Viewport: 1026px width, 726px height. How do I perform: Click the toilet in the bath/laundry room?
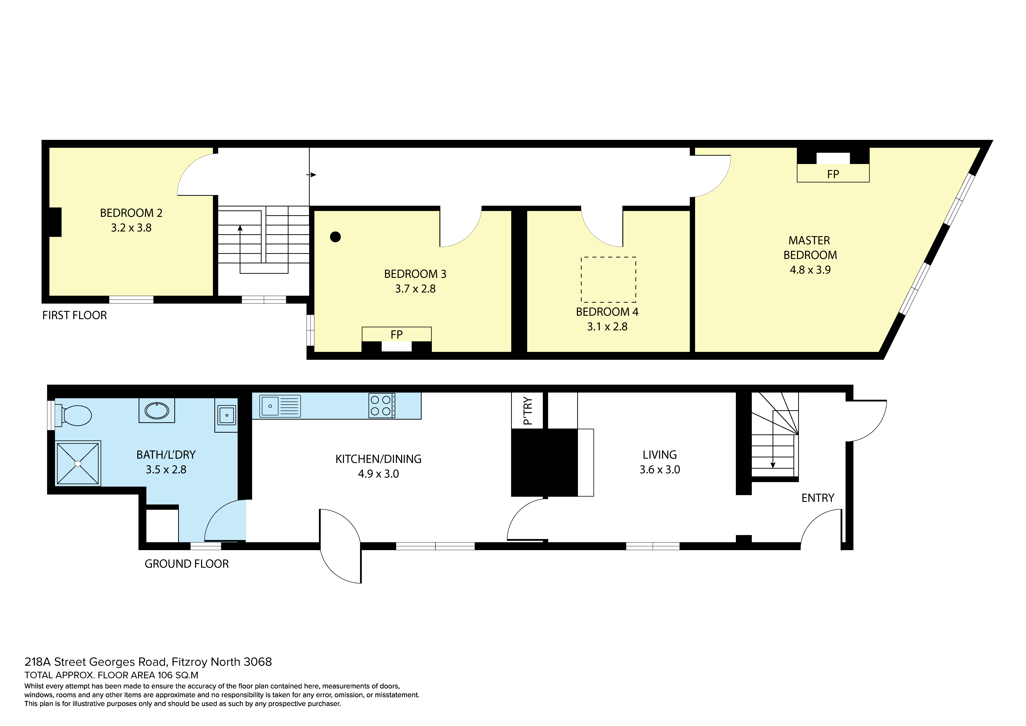(74, 415)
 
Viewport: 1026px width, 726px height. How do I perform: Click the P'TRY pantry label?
(528, 410)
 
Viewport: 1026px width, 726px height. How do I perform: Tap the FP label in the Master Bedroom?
(833, 174)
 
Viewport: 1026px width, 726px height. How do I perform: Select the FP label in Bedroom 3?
(396, 334)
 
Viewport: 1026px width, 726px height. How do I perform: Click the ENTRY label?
(818, 498)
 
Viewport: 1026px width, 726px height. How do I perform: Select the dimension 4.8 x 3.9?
(810, 270)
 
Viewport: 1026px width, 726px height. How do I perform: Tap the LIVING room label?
(660, 455)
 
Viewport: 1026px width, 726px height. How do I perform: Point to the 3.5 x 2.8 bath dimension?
(166, 469)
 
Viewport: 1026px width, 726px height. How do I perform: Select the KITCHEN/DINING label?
(378, 459)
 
